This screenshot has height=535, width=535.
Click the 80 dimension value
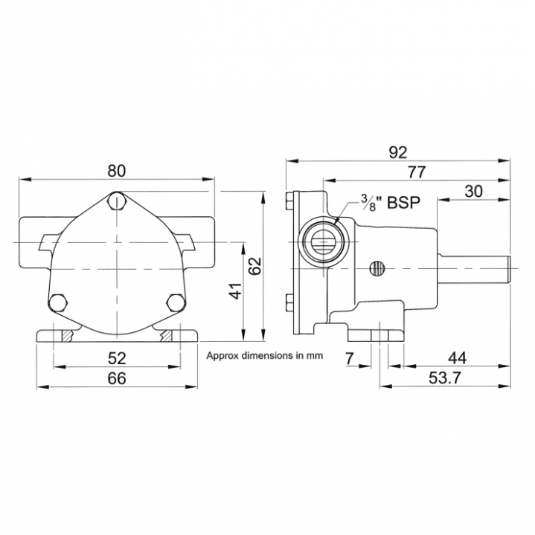[117, 171]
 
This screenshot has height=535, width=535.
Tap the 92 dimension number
[398, 152]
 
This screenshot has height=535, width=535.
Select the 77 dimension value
[417, 172]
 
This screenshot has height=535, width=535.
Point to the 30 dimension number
[473, 192]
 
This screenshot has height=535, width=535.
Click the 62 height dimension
[255, 266]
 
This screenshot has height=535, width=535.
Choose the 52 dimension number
[117, 358]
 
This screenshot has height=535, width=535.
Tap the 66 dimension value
[117, 378]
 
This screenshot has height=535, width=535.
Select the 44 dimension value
[457, 358]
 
